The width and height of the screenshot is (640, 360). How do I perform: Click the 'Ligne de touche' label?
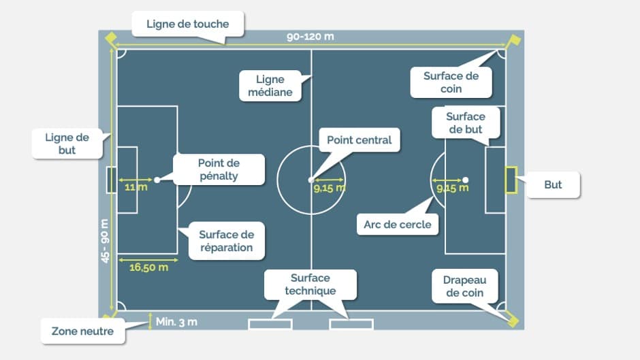[x=187, y=24]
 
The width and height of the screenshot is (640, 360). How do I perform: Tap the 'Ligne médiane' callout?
[x=270, y=86]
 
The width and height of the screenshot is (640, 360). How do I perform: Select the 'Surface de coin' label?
[x=451, y=82]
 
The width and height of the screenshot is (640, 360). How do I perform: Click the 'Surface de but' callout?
[x=465, y=123]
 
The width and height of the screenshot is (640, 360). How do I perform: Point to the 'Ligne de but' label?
[x=67, y=144]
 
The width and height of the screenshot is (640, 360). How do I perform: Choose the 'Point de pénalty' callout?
[x=219, y=169]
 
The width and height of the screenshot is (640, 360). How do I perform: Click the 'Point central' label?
[x=359, y=140]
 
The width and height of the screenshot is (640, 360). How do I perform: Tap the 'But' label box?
[x=553, y=184]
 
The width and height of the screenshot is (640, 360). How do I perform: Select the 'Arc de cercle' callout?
[x=398, y=224]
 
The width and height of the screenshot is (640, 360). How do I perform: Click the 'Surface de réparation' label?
[x=226, y=241]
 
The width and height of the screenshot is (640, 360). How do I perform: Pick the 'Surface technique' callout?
[x=310, y=284]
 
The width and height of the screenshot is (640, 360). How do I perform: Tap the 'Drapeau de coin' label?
[x=463, y=286]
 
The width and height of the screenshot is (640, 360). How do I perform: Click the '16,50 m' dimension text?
[x=148, y=267]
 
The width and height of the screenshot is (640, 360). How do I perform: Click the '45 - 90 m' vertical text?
[x=105, y=242]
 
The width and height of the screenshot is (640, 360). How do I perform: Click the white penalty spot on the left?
[x=157, y=180]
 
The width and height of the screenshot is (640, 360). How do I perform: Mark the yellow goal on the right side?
[x=511, y=180]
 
